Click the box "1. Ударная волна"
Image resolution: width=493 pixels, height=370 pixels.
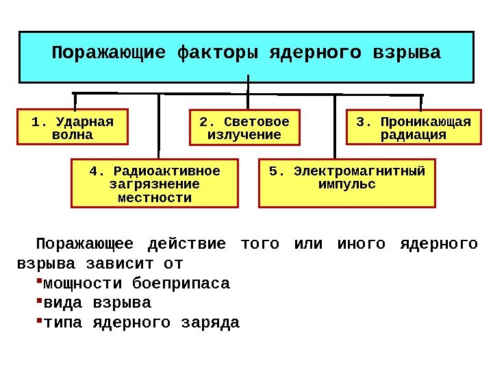73,127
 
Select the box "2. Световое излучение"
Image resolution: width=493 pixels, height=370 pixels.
244,127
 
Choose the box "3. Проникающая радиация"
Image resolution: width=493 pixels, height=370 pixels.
414,127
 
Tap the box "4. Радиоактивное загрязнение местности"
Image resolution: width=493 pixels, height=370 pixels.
155,184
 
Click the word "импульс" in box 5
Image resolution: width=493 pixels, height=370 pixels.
347,184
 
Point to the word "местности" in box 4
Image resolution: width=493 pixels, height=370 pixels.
155,198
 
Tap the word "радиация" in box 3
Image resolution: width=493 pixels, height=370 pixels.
414,135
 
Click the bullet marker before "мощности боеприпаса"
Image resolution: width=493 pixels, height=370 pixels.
38,282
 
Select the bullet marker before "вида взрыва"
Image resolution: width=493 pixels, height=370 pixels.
38,301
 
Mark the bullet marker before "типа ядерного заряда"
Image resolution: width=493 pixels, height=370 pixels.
38,320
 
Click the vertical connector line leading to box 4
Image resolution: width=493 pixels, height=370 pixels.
159,127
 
